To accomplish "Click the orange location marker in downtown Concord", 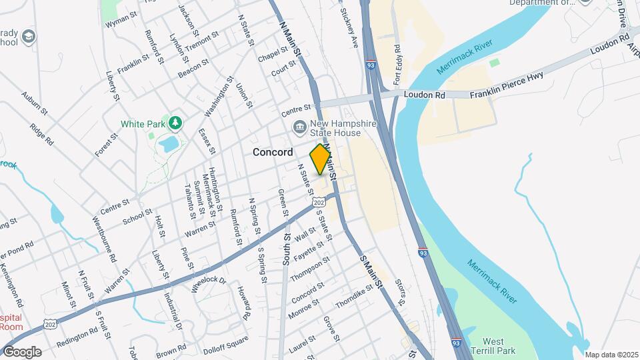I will tap(321, 159).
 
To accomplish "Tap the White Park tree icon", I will tap(175, 123).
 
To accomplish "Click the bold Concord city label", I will tap(273, 153).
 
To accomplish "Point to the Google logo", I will tap(21, 351).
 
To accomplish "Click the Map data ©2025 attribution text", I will tap(611, 355).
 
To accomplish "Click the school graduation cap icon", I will tap(28, 35).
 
